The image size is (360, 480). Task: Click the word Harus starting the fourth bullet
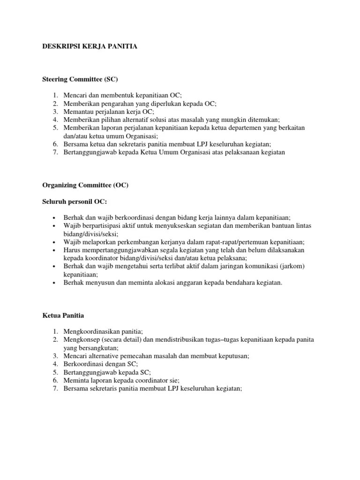pyautogui.click(x=72, y=250)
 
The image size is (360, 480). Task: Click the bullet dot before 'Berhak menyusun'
pyautogui.click(x=54, y=283)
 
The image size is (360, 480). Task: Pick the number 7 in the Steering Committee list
pyautogui.click(x=54, y=152)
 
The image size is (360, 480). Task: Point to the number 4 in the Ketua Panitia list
pyautogui.click(x=54, y=364)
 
